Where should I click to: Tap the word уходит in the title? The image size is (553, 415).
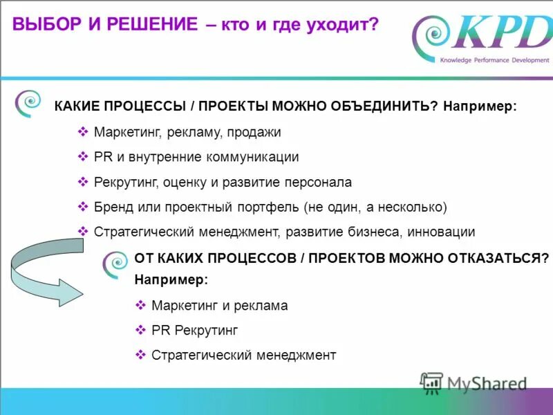(347, 26)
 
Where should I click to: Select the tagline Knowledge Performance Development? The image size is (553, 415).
(494, 60)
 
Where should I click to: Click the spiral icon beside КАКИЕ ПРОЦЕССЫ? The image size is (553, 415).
(28, 103)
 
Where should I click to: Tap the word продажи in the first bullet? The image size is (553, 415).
(257, 132)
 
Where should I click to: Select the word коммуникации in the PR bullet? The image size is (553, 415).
(255, 157)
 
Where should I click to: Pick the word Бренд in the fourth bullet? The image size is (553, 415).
(111, 207)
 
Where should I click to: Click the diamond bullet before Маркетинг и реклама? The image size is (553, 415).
(140, 305)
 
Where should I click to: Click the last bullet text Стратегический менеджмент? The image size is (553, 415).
(243, 356)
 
